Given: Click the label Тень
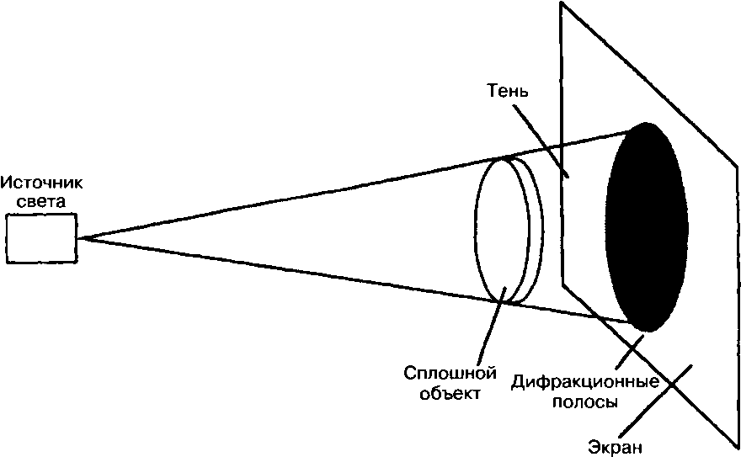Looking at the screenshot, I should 508,89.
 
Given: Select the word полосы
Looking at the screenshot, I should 585,402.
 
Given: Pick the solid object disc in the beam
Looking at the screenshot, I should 504,228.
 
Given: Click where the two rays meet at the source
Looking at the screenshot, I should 82,238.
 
